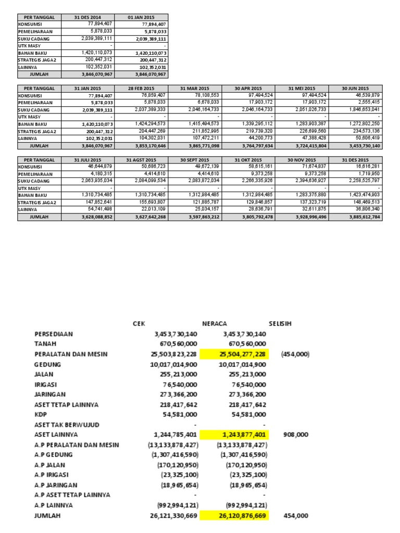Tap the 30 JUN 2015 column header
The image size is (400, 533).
355,88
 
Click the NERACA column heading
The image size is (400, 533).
215,323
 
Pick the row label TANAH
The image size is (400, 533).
45,344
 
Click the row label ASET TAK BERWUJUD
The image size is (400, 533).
67,425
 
